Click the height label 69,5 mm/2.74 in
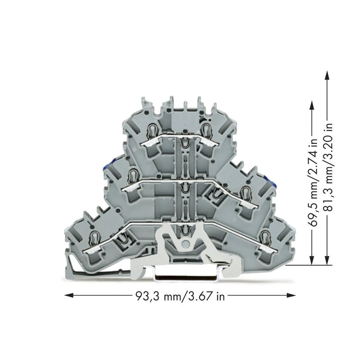pyautogui.click(x=313, y=183)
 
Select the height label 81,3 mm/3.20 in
pyautogui.click(x=328, y=166)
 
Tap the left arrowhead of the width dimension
pyautogui.click(x=69, y=295)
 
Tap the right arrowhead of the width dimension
pyautogui.click(x=291, y=295)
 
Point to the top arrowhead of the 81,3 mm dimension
pyautogui.click(x=327, y=75)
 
